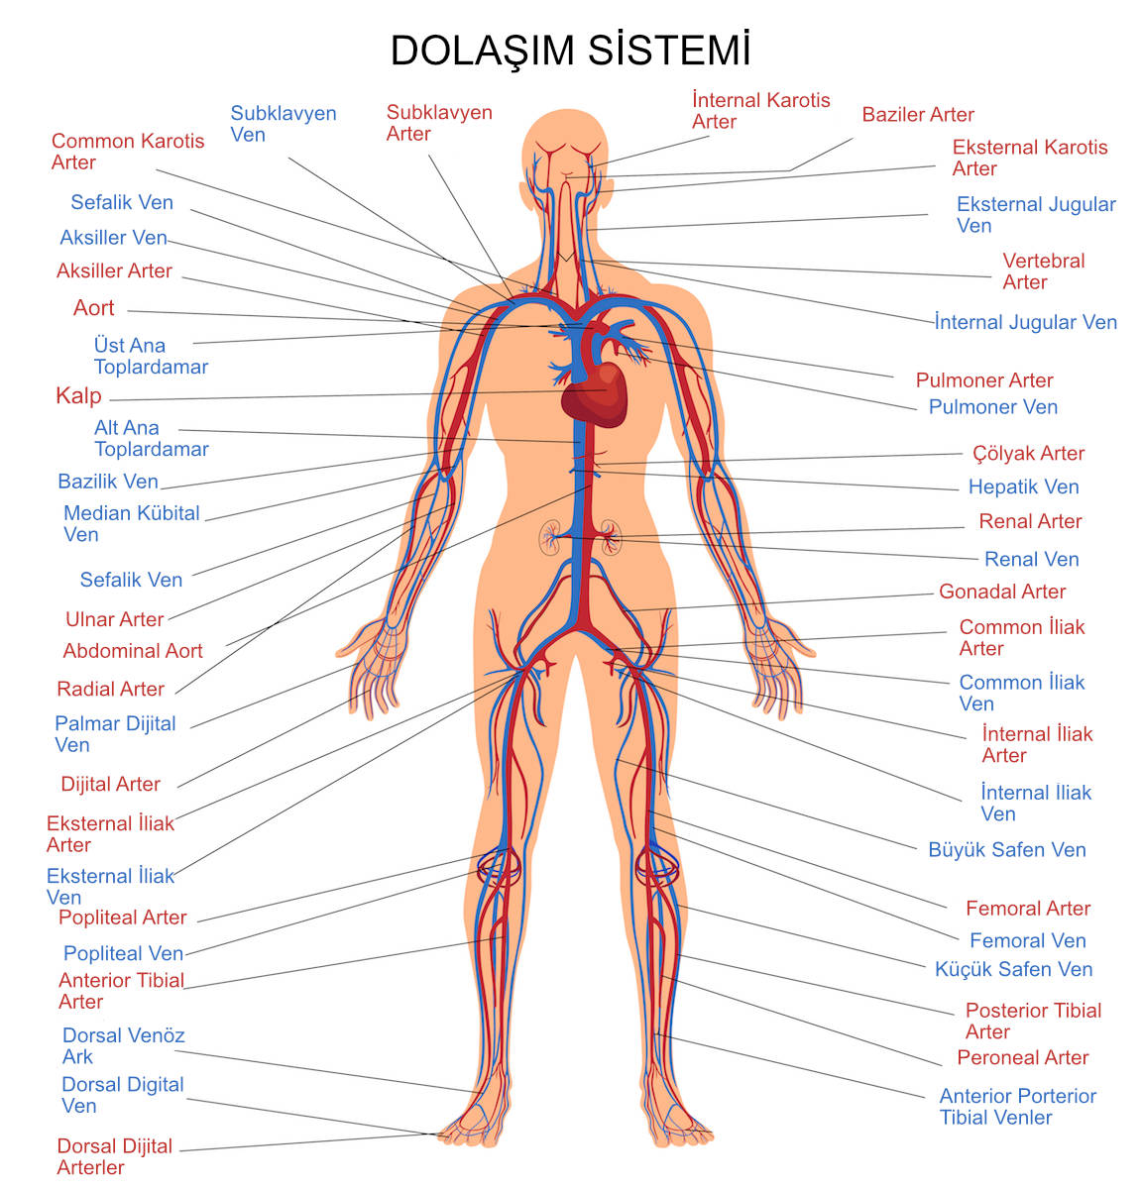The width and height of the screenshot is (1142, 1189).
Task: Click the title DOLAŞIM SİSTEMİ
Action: pos(570,51)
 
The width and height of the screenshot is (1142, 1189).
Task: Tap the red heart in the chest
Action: pos(594,393)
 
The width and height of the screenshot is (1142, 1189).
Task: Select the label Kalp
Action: pos(78,396)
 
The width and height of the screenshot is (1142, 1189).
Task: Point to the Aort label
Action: pos(94,308)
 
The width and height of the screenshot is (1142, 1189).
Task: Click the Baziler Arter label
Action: pos(917,115)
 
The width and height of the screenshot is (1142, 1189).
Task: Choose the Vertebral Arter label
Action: pos(1043,271)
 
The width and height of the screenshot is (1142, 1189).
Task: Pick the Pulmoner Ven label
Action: pos(992,407)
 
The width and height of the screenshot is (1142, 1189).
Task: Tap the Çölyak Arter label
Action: pos(1028,454)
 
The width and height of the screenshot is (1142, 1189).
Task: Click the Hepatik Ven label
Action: pos(1023,487)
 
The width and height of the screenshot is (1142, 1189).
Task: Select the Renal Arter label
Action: pos(1030,522)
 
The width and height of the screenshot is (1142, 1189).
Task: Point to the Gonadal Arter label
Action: pos(1002,593)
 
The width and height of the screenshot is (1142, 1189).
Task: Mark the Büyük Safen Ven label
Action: pos(1006,850)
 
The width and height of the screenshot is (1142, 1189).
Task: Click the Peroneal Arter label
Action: pos(1022,1058)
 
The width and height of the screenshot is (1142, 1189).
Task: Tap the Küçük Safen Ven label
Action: pos(1013,970)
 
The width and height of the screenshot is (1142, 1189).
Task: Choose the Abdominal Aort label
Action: pos(133,652)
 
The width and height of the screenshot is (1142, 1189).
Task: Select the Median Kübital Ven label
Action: pos(131,524)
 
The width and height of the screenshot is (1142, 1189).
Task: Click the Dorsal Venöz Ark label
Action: pos(123,1046)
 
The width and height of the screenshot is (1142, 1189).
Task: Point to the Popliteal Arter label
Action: pos(122,919)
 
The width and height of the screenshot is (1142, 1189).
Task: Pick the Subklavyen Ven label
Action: pos(283,124)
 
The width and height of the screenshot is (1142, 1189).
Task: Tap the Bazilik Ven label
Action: pos(108,483)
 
